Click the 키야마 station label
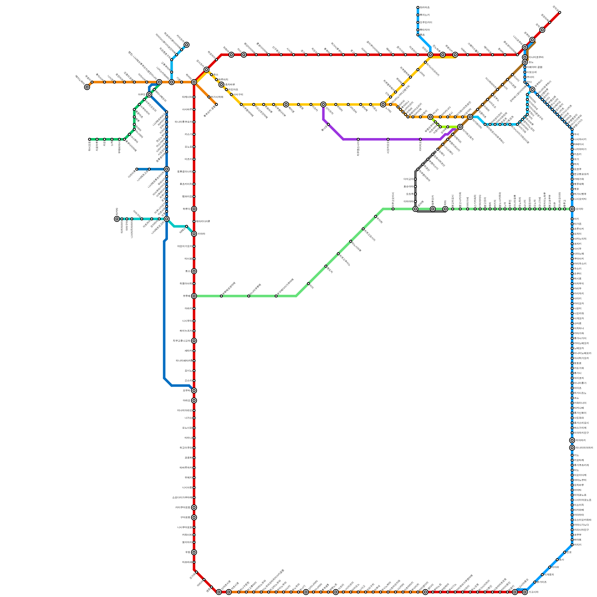pyautogui.click(x=201, y=234)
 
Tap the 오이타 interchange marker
pyautogui.click(x=572, y=209)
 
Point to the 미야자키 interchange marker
pyautogui.click(x=572, y=440)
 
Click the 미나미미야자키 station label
pyautogui.click(x=584, y=448)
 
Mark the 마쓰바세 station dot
pyautogui.click(x=194, y=562)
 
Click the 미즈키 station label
pyautogui.click(x=188, y=159)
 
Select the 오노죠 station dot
pyautogui.click(x=194, y=147)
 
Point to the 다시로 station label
pyautogui.click(x=188, y=259)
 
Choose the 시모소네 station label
pyautogui.click(x=531, y=72)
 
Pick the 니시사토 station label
pyautogui.click(x=187, y=488)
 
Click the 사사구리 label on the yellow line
pyautogui.click(x=238, y=94)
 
